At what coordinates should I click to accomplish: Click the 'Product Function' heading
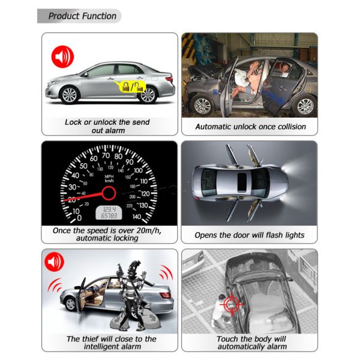click(82, 16)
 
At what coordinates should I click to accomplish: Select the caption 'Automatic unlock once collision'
click(250, 127)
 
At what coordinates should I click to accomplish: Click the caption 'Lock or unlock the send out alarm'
click(107, 126)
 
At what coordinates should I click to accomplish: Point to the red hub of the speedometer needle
click(109, 193)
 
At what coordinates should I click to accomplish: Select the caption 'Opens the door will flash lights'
click(250, 235)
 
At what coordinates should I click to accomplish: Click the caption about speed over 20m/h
click(107, 234)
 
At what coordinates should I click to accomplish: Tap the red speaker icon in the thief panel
click(54, 262)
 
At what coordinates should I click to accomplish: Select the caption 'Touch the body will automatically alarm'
click(250, 343)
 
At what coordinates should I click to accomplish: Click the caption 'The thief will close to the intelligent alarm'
click(107, 343)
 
